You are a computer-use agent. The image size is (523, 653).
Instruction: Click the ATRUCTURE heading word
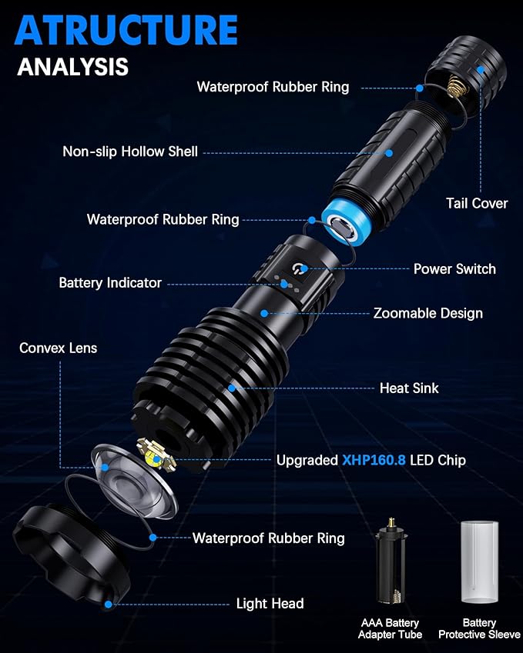pos(126,30)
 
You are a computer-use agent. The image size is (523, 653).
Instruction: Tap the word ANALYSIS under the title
pos(73,67)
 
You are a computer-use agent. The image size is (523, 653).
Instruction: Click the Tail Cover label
pos(477,203)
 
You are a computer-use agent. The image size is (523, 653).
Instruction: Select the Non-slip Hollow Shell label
pos(130,152)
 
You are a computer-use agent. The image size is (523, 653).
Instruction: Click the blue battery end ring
pos(344,225)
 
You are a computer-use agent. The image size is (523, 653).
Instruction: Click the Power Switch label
pos(454,269)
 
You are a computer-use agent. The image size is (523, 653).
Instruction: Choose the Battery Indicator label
pos(110,283)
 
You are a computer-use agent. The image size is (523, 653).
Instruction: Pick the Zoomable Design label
pos(428,313)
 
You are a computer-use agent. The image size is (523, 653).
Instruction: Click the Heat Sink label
pos(409,388)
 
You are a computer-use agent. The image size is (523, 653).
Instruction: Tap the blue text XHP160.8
pos(374,460)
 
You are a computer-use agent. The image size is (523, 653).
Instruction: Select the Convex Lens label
pos(58,348)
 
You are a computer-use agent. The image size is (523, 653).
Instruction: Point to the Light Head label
pos(270,604)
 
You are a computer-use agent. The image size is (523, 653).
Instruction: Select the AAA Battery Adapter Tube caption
pos(390,628)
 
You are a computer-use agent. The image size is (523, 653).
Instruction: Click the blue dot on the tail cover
pos(481,69)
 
